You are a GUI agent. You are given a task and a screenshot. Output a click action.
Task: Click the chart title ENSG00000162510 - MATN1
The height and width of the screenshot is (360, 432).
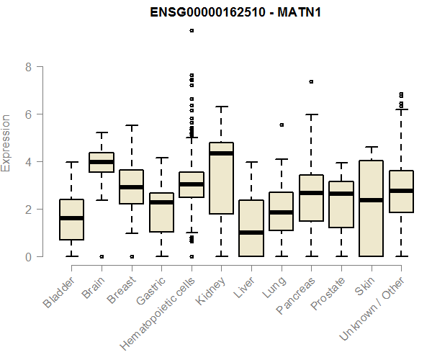pyautogui.click(x=230, y=12)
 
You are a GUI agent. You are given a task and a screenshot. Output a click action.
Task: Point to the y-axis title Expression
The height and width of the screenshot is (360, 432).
pyautogui.click(x=6, y=143)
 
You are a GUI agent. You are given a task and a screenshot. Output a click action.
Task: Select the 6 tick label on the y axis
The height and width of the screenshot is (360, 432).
pyautogui.click(x=29, y=114)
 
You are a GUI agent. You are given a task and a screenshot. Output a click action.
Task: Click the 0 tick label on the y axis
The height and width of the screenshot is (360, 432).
pyautogui.click(x=29, y=256)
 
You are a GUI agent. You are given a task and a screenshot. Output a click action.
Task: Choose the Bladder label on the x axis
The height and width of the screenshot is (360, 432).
pyautogui.click(x=58, y=290)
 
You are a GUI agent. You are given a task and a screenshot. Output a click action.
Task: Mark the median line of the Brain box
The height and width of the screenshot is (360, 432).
pyautogui.click(x=101, y=162)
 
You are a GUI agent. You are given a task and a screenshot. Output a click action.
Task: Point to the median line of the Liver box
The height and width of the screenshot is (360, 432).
pyautogui.click(x=251, y=233)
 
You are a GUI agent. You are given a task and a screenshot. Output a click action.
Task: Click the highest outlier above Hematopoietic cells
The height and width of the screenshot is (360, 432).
pyautogui.click(x=191, y=30)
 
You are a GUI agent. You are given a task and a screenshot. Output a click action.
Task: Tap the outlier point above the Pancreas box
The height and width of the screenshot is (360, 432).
pyautogui.click(x=311, y=82)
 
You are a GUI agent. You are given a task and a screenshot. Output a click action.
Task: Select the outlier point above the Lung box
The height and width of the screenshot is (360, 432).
pyautogui.click(x=281, y=125)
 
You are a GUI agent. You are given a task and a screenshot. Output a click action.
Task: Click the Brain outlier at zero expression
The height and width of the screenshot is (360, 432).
pyautogui.click(x=101, y=256)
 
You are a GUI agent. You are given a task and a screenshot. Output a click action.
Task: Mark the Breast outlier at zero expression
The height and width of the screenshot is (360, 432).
pyautogui.click(x=131, y=256)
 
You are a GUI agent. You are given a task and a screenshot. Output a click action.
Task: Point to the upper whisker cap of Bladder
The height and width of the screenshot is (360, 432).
pyautogui.click(x=71, y=162)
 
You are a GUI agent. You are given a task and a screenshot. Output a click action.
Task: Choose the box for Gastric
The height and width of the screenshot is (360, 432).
pyautogui.click(x=161, y=212)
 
